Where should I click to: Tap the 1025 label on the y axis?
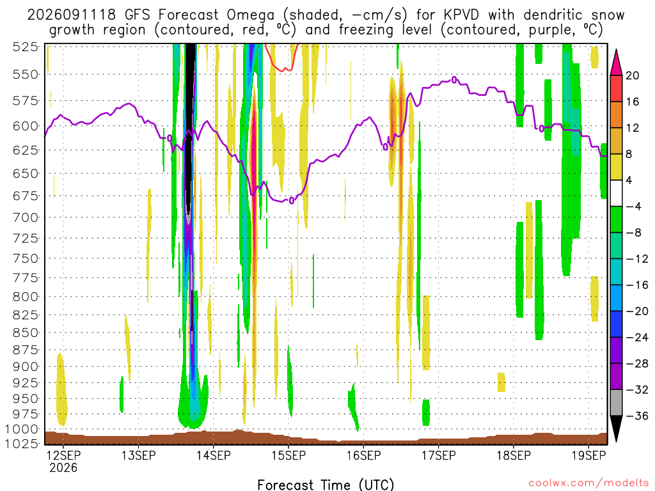[22, 444]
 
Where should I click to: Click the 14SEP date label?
[214, 455]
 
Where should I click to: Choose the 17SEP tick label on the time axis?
[439, 455]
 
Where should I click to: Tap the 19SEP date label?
[588, 455]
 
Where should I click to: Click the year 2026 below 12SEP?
[63, 467]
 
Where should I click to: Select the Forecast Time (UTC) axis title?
[326, 485]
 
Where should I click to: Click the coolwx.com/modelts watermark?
[588, 483]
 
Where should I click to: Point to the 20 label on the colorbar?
[633, 75]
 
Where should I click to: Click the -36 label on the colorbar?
[637, 416]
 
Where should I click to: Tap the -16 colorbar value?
[637, 285]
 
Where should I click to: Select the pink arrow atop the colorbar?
[616, 62]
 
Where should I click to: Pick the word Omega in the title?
[251, 15]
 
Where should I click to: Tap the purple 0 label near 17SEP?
[454, 80]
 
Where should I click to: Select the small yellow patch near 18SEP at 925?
[501, 382]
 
